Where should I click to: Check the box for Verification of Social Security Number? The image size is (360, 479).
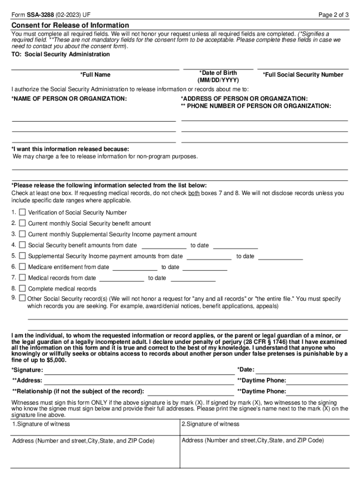click(x=22, y=212)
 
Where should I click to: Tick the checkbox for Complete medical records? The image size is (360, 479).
click(x=22, y=288)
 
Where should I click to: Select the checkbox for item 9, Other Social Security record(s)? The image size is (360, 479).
click(x=22, y=298)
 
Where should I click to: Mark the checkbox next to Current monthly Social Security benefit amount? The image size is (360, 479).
click(x=22, y=223)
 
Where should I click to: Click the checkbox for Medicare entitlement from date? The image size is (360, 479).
click(x=22, y=267)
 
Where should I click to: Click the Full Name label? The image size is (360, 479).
click(x=95, y=75)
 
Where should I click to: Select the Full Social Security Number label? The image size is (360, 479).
click(x=303, y=75)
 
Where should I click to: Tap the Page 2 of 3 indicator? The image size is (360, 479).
click(x=333, y=15)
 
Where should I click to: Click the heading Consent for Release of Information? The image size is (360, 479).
click(x=70, y=25)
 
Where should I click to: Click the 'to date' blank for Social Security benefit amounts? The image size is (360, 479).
click(x=236, y=245)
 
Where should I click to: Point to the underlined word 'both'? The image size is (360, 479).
click(x=194, y=193)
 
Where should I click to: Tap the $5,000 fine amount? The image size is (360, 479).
click(x=57, y=360)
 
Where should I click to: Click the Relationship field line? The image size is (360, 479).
click(x=191, y=392)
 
